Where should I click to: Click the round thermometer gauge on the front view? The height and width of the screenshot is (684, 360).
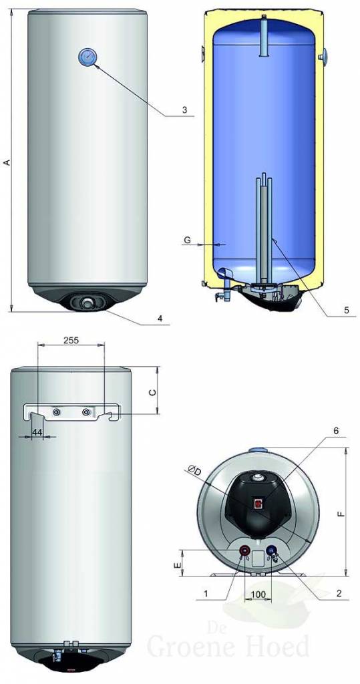87,57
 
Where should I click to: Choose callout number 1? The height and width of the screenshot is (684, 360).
206,592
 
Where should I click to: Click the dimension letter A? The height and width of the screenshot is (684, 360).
7,162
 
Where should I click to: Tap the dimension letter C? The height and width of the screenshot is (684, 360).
151,393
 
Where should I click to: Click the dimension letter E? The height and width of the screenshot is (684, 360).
176,565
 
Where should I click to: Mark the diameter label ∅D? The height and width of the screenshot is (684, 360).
195,472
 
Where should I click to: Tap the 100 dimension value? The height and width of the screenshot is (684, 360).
258,593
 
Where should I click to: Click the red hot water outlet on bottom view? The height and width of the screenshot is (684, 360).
245,551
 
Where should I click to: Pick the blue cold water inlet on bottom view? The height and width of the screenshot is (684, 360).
272,552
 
